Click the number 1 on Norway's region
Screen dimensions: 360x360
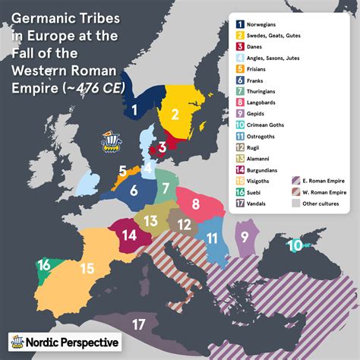pos(134,111)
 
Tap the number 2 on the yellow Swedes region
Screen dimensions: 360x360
pos(175,115)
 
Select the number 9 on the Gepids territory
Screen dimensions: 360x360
pos(245,237)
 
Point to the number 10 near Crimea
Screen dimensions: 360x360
pos(294,245)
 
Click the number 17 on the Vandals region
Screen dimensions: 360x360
pos(138,324)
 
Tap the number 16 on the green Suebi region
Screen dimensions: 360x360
pos(45,264)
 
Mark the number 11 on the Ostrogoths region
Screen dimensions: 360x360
pos(213,238)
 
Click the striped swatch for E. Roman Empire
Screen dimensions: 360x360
pos(295,181)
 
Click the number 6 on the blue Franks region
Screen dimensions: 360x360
pos(133,192)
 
